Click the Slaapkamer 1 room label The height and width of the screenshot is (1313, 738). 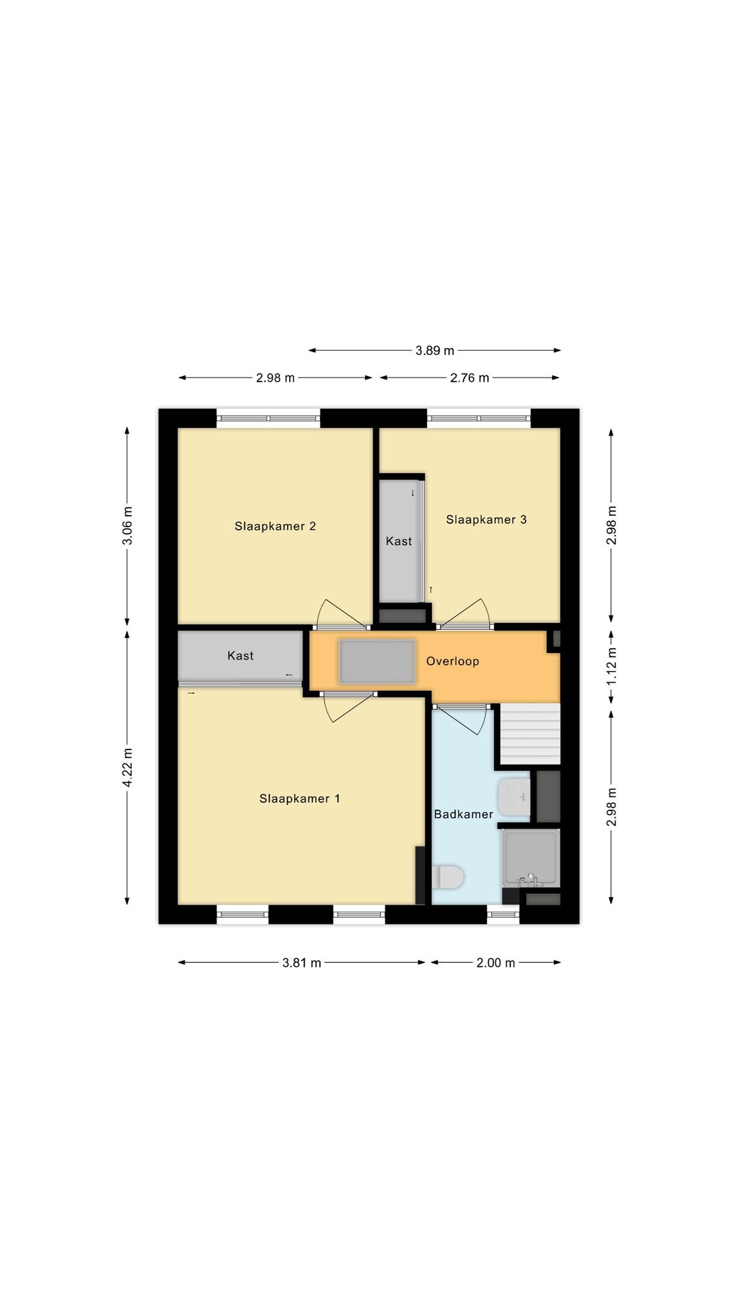(299, 799)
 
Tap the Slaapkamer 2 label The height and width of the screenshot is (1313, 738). (275, 526)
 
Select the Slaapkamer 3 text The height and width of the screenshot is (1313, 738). (487, 520)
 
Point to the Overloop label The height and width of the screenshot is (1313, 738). (452, 661)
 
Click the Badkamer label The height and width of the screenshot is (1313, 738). (463, 814)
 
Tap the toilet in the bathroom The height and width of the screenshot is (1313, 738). (448, 877)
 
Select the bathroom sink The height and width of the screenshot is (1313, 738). (514, 797)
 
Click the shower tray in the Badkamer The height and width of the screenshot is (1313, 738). (531, 858)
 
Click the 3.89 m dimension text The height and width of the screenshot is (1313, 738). (435, 351)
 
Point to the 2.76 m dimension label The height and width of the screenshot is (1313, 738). (469, 377)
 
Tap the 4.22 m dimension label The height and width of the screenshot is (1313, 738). (128, 767)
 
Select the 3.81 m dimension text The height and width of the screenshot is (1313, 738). (301, 963)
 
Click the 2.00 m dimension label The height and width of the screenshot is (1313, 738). (495, 963)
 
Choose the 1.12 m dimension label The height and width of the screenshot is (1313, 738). (612, 667)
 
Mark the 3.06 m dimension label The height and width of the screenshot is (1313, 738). (128, 526)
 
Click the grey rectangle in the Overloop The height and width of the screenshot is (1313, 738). (377, 661)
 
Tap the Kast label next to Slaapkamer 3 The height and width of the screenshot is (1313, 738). (399, 542)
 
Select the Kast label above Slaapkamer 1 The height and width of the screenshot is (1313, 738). (241, 656)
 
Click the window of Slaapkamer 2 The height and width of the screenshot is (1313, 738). (269, 418)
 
